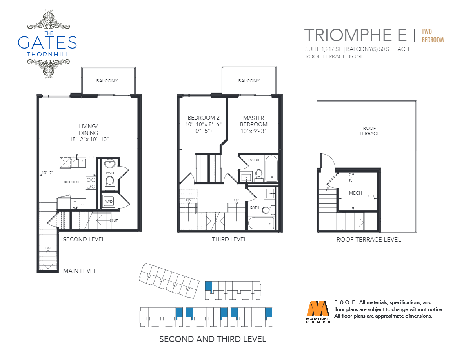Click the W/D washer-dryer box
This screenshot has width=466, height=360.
point(109,202)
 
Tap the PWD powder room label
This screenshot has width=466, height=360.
point(110,173)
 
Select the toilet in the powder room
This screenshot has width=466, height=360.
point(110,182)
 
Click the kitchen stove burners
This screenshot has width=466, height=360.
point(91,183)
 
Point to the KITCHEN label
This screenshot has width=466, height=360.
point(71,182)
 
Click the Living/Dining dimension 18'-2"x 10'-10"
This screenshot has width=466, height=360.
point(89,139)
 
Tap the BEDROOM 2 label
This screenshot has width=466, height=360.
point(204,118)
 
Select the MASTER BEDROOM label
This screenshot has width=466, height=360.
point(254,121)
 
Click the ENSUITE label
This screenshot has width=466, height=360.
point(255,160)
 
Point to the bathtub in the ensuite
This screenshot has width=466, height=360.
point(271,168)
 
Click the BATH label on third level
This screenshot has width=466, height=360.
point(255,207)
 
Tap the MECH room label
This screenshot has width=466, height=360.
point(355,193)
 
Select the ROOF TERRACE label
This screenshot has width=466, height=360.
point(370,131)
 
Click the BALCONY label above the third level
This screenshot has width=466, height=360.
point(249,81)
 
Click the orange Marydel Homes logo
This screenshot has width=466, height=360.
point(318,312)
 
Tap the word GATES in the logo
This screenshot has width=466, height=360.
point(47,42)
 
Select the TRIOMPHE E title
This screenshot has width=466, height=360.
point(355,35)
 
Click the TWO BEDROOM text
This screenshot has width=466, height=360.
point(433,36)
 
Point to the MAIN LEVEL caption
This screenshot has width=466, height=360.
point(80,271)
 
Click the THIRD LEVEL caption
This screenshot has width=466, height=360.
point(229,239)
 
